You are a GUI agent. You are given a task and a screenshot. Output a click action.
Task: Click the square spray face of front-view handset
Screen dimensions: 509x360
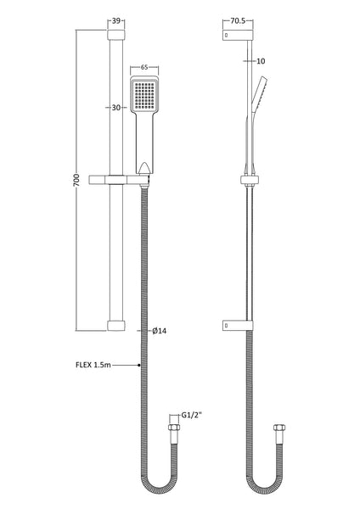(143, 97)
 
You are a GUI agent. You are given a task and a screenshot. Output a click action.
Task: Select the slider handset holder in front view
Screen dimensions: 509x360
(127, 179)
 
